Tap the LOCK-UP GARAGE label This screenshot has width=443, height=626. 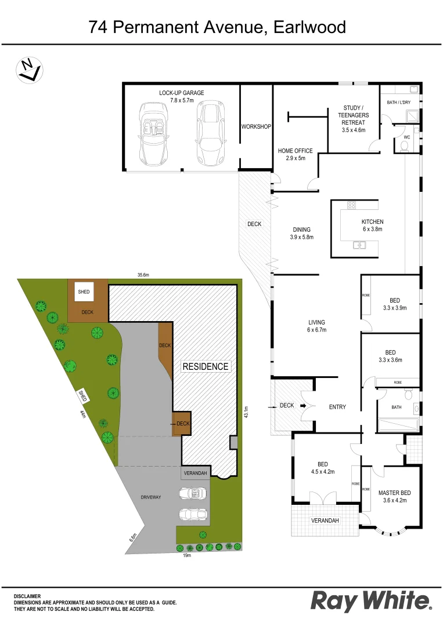pyautogui.click(x=182, y=96)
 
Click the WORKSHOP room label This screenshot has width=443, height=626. pyautogui.click(x=256, y=126)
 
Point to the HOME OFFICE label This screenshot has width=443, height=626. pyautogui.click(x=296, y=154)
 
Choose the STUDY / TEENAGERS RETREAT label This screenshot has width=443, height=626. pyautogui.click(x=353, y=119)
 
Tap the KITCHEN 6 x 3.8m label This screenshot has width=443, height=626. pyautogui.click(x=372, y=225)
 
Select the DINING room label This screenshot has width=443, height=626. pyautogui.click(x=301, y=233)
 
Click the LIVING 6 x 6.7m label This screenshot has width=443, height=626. pyautogui.click(x=316, y=326)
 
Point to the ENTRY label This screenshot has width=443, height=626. pyautogui.click(x=337, y=407)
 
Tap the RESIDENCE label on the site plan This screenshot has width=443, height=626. pyautogui.click(x=206, y=366)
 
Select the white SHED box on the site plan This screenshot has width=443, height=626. pyautogui.click(x=84, y=292)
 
